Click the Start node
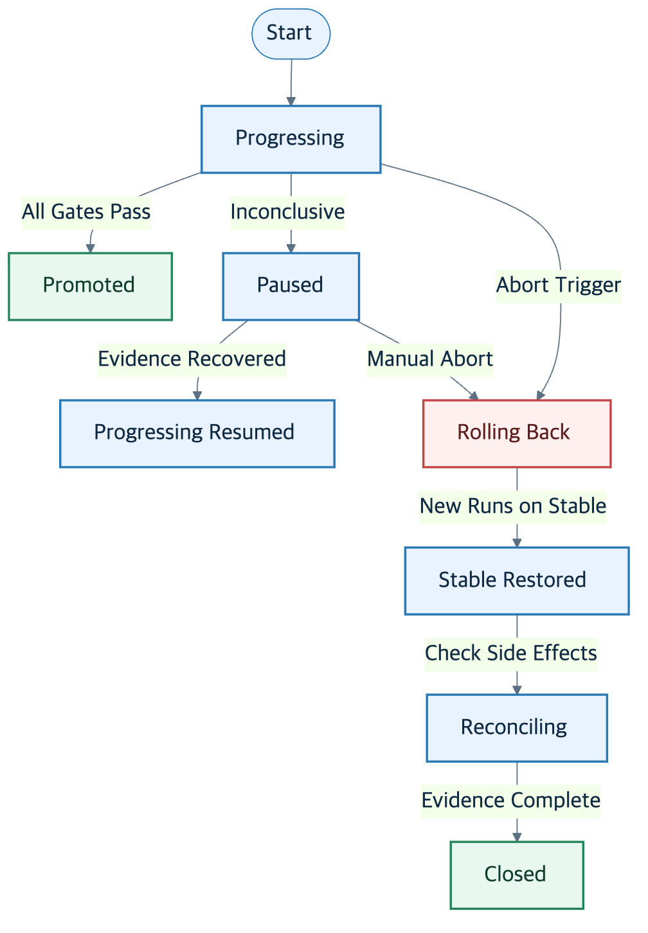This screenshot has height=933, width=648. click(291, 34)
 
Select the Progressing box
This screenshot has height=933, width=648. click(291, 139)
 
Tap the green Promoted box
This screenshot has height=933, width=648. click(91, 286)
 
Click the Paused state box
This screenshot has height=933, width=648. click(291, 286)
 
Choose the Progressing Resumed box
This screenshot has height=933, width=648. click(197, 434)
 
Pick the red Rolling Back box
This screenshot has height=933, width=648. click(517, 434)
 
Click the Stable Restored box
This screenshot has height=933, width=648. click(517, 581)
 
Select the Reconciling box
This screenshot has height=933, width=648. click(517, 727)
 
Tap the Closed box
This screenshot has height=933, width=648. click(517, 875)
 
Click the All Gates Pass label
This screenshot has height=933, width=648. click(86, 213)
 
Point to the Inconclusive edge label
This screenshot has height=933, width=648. click(287, 213)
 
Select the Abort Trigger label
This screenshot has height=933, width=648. click(559, 286)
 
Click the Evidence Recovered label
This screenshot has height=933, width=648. click(192, 360)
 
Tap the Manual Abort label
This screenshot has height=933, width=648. click(430, 360)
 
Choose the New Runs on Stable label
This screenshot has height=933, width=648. click(513, 507)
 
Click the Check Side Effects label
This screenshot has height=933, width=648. click(511, 654)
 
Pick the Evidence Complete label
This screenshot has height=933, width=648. click(511, 801)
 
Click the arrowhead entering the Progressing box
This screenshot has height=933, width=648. click(291, 102)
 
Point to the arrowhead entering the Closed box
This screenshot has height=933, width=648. click(517, 837)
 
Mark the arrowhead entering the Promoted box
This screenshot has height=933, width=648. click(91, 248)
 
